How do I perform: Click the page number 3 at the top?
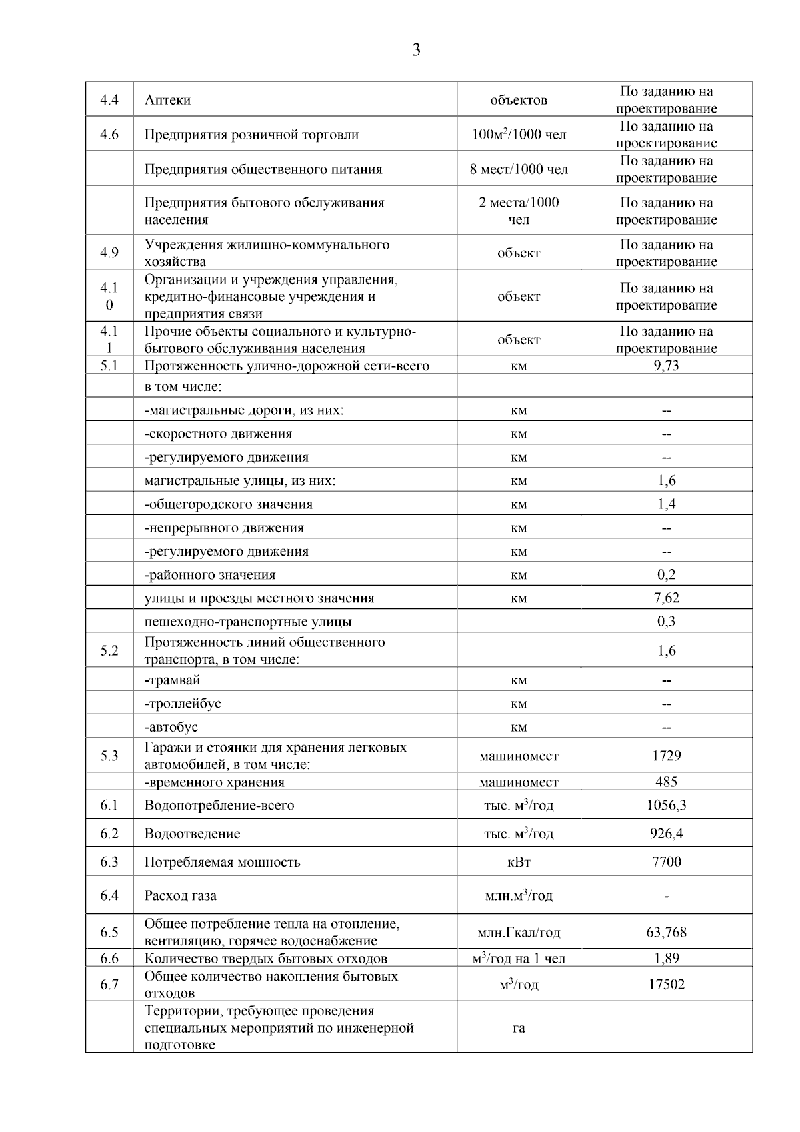[x=416, y=51]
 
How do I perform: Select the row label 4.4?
[x=109, y=100]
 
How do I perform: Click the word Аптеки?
[x=167, y=100]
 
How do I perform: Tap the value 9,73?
[x=666, y=366]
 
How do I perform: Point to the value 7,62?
[x=666, y=598]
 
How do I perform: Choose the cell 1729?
[x=666, y=756]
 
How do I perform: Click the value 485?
[x=666, y=782]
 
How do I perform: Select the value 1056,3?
[x=666, y=806]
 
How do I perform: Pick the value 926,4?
[x=666, y=834]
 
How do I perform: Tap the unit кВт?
[x=519, y=862]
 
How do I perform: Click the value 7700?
[x=666, y=862]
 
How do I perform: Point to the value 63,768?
[x=666, y=932]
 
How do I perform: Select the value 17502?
[x=666, y=985]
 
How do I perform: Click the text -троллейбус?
[x=183, y=704]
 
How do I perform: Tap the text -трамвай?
[x=172, y=680]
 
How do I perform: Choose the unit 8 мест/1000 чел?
[x=519, y=169]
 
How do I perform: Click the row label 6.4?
[x=109, y=895]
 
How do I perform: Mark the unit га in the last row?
[x=519, y=1028]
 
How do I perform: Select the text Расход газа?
[x=180, y=895]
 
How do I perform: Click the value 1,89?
[x=666, y=959]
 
